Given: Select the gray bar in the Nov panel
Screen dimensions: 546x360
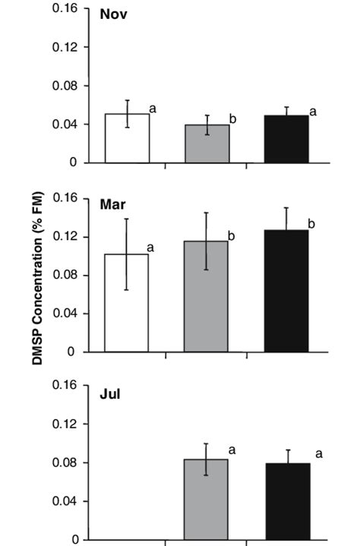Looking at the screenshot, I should click(207, 144).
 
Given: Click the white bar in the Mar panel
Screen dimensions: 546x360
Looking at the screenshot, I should click(127, 303).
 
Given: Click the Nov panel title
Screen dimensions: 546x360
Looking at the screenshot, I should click(113, 14).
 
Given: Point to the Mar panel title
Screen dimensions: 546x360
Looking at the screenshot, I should click(112, 204).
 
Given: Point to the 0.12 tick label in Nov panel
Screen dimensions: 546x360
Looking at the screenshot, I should click(66, 47).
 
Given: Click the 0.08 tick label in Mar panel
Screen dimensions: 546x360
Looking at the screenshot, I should click(66, 275).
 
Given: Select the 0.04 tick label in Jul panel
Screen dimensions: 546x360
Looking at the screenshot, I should click(66, 501).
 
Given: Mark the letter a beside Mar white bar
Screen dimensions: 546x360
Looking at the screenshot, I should click(153, 248).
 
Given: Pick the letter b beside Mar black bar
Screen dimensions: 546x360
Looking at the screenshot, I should click(311, 224).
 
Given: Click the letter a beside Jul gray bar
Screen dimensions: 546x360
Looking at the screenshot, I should click(232, 450).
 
